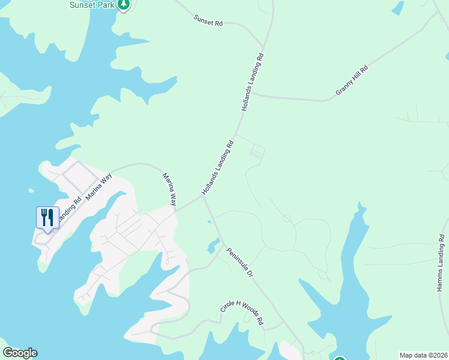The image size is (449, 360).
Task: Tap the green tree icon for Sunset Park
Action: point(124,5)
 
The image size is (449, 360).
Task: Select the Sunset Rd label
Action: point(208,20)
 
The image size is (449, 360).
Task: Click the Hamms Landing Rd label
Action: point(441,263)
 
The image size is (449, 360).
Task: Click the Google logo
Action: point(20,353)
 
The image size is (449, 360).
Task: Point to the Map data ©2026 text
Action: point(423,355)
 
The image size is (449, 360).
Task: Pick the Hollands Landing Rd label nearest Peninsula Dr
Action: point(217,167)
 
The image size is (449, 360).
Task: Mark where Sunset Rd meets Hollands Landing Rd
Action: point(263,46)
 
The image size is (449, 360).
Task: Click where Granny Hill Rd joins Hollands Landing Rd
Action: point(252,94)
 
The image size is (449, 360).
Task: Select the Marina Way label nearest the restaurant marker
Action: point(98,186)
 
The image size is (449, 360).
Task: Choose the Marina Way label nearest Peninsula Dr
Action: point(170,190)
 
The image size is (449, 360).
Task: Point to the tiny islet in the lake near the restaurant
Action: point(31,190)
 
